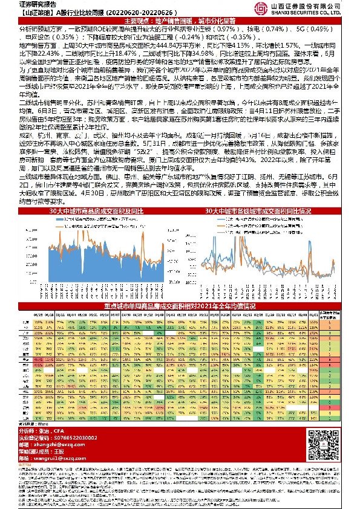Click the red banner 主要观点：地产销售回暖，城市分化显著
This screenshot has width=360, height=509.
[180, 20]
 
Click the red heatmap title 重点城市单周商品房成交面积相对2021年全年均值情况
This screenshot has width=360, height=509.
[180, 306]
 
